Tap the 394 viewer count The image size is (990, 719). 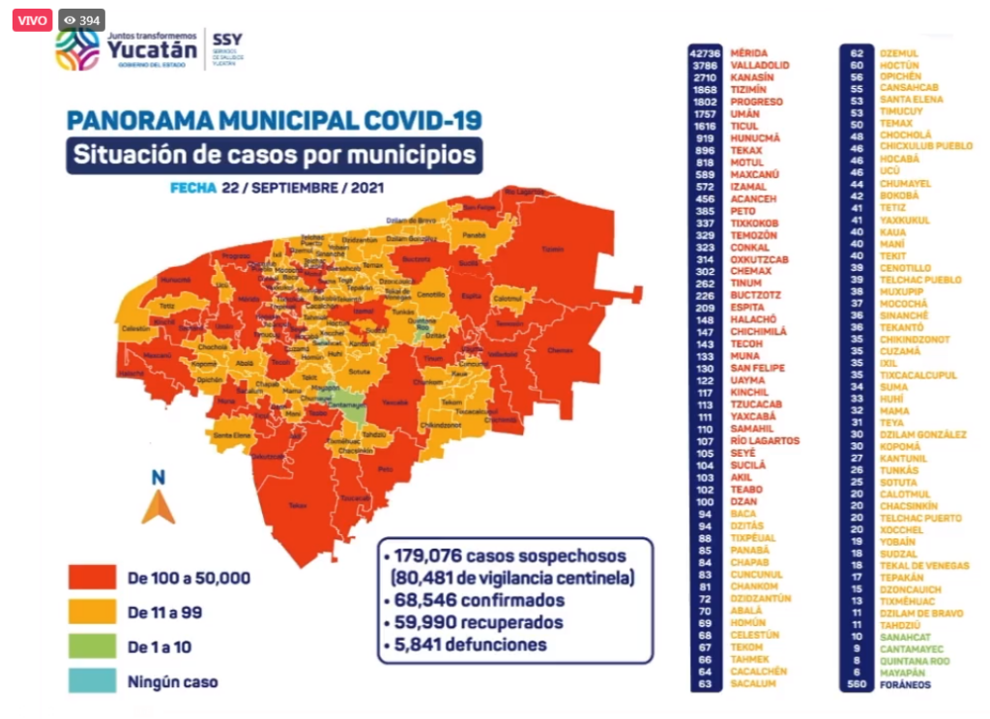pos(82,20)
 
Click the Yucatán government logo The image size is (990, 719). pos(126,48)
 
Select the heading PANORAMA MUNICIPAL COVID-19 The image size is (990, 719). pos(274,121)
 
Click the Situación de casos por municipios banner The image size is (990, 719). pos(275,155)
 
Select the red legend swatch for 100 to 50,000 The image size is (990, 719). pos(93,578)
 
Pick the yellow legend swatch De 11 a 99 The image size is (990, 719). pos(93,613)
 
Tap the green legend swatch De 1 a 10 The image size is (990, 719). pos(93,646)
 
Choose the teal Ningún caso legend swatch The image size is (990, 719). pos(93,681)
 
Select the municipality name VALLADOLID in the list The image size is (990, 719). pos(760,65)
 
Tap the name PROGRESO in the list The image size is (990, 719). pos(756,101)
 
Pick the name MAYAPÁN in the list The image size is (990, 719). pos(904,673)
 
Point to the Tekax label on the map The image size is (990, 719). pos(297,505)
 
